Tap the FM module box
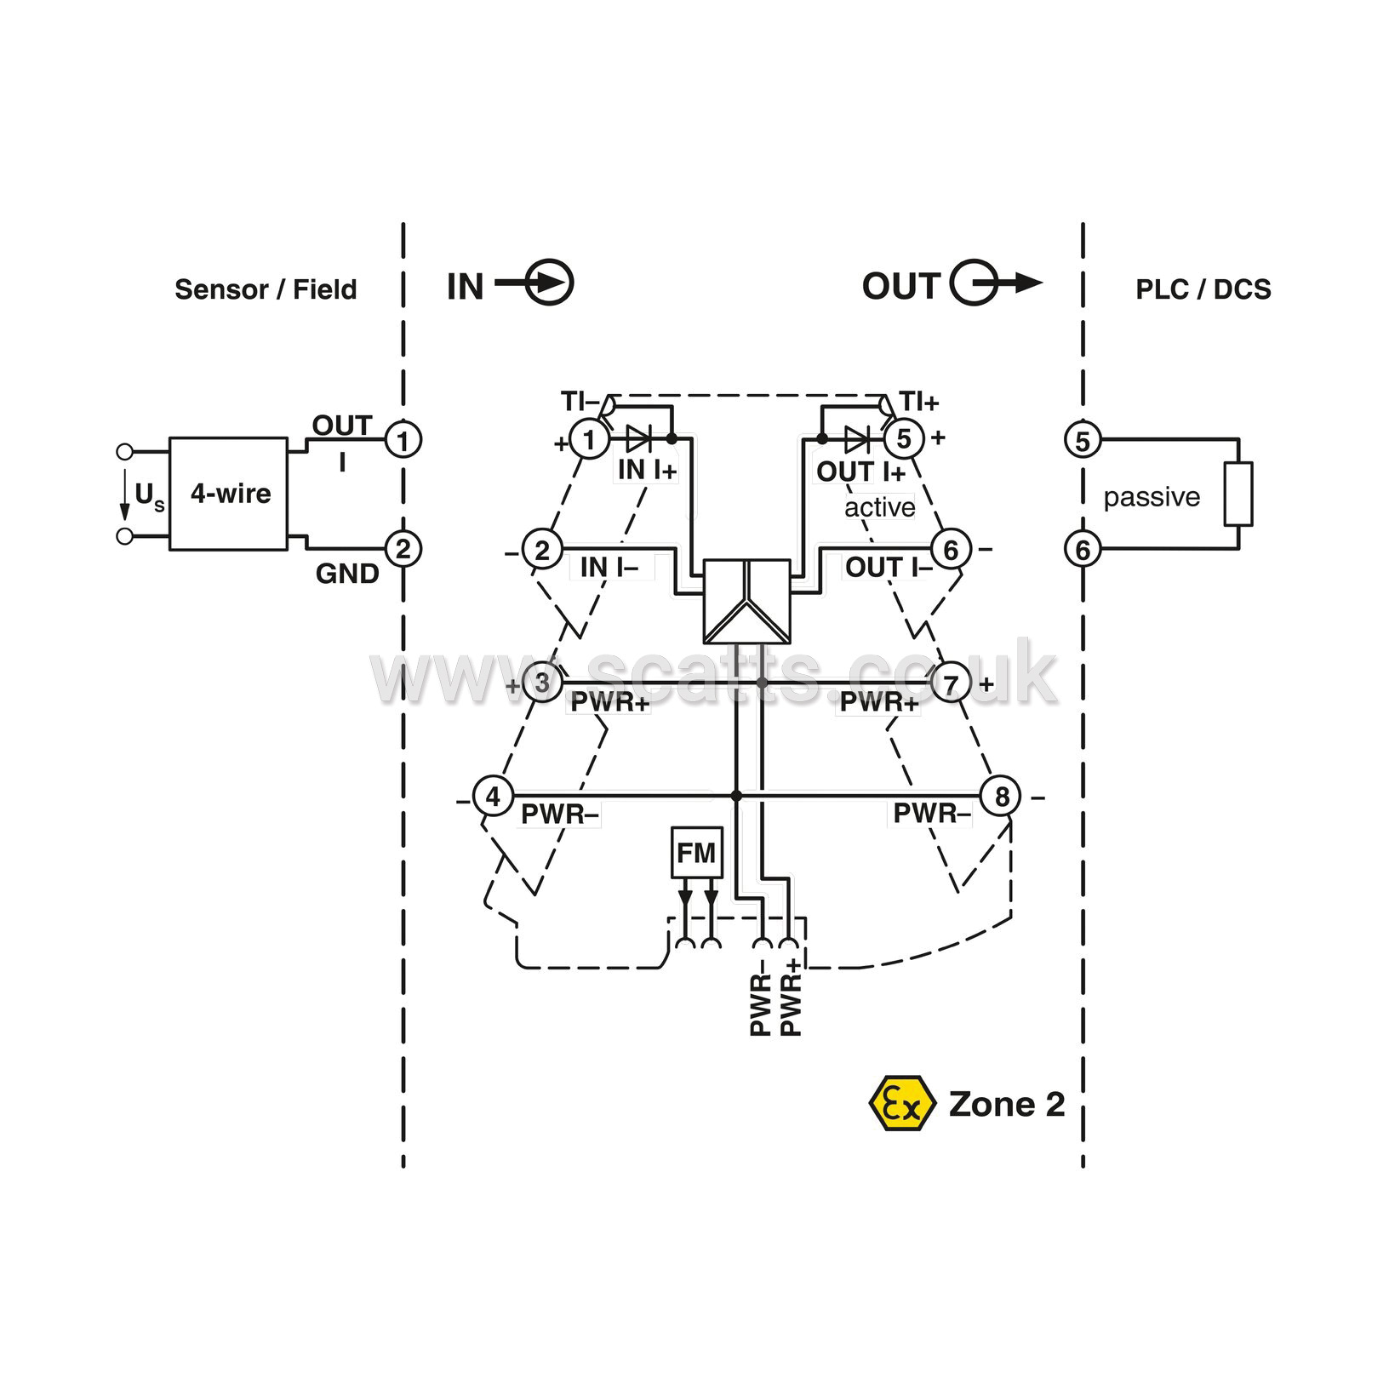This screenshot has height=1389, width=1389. click(x=697, y=852)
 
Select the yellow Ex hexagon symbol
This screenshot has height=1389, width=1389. click(x=902, y=1104)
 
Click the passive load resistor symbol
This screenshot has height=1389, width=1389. click(x=1238, y=494)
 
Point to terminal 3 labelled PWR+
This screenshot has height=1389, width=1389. click(x=542, y=683)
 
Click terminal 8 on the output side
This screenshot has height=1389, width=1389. click(x=1002, y=797)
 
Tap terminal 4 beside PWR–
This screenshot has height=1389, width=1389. click(x=493, y=797)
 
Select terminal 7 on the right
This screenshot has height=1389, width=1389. click(x=952, y=683)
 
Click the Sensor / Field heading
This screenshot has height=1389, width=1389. click(x=266, y=289)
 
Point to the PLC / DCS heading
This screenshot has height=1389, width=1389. click(x=1203, y=289)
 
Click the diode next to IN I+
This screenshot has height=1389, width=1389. click(x=638, y=439)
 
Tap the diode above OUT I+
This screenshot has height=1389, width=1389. click(x=857, y=439)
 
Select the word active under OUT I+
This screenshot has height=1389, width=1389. click(x=880, y=507)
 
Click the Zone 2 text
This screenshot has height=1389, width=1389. click(x=1007, y=1104)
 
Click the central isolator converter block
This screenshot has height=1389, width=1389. click(x=746, y=601)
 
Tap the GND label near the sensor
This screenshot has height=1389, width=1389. click(x=347, y=574)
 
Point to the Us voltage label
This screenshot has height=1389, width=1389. click(x=149, y=495)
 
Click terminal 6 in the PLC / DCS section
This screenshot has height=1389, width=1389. click(x=1083, y=550)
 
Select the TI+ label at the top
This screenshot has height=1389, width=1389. click(x=919, y=402)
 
